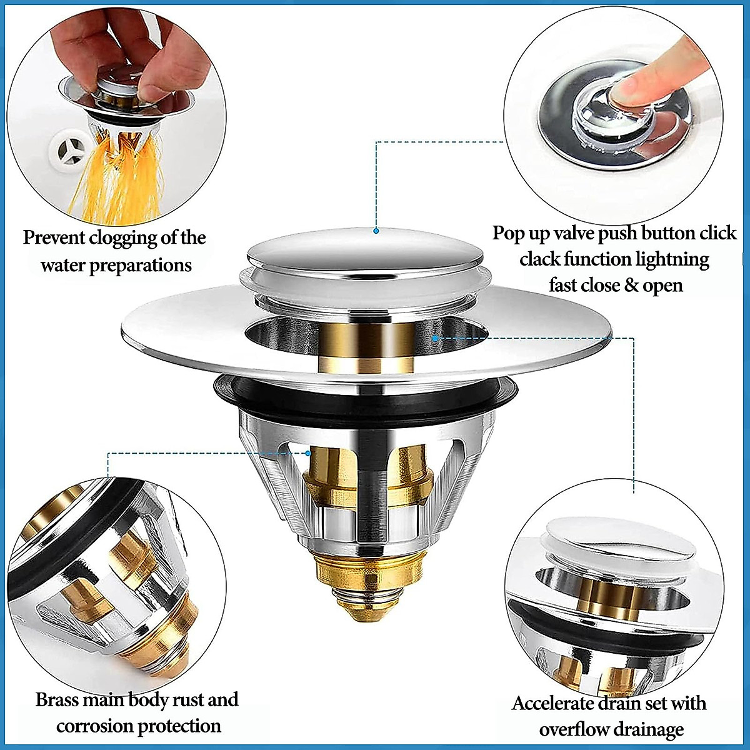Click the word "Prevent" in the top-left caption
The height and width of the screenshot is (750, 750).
click(54, 238)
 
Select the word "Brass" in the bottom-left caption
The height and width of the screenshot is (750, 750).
click(57, 699)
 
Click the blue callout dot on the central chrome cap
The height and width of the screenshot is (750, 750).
click(376, 231)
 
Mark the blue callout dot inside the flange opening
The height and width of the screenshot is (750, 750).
click(435, 338)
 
